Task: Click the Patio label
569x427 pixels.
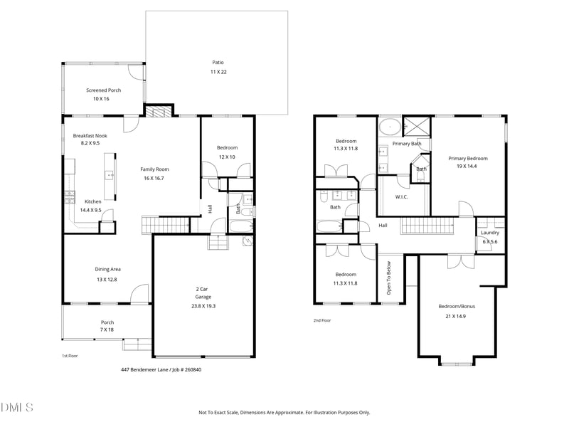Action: coord(218,63)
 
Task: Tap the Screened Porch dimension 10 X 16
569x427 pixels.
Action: coord(101,99)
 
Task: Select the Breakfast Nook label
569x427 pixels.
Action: coord(90,136)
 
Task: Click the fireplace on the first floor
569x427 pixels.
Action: coord(159,111)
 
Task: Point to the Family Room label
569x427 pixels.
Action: coord(154,169)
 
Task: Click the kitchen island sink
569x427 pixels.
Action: coord(110,176)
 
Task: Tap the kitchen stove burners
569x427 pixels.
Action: coord(70,197)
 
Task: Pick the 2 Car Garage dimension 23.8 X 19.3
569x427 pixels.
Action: coord(203,306)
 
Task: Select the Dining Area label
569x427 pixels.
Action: coord(108,270)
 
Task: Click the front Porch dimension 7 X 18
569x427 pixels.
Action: coord(107,330)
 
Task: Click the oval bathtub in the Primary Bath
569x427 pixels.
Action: coord(390,127)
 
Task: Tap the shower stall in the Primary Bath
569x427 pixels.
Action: coord(417,127)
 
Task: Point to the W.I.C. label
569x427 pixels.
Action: coord(401,197)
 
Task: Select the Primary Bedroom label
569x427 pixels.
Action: coord(468,159)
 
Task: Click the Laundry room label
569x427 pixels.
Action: coord(490,233)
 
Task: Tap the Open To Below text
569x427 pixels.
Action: coord(388,278)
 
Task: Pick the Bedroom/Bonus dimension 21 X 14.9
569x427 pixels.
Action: coord(456,316)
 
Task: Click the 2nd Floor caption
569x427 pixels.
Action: coord(322,321)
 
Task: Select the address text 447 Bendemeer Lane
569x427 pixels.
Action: coord(144,370)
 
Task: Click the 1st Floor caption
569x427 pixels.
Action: coord(70,357)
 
